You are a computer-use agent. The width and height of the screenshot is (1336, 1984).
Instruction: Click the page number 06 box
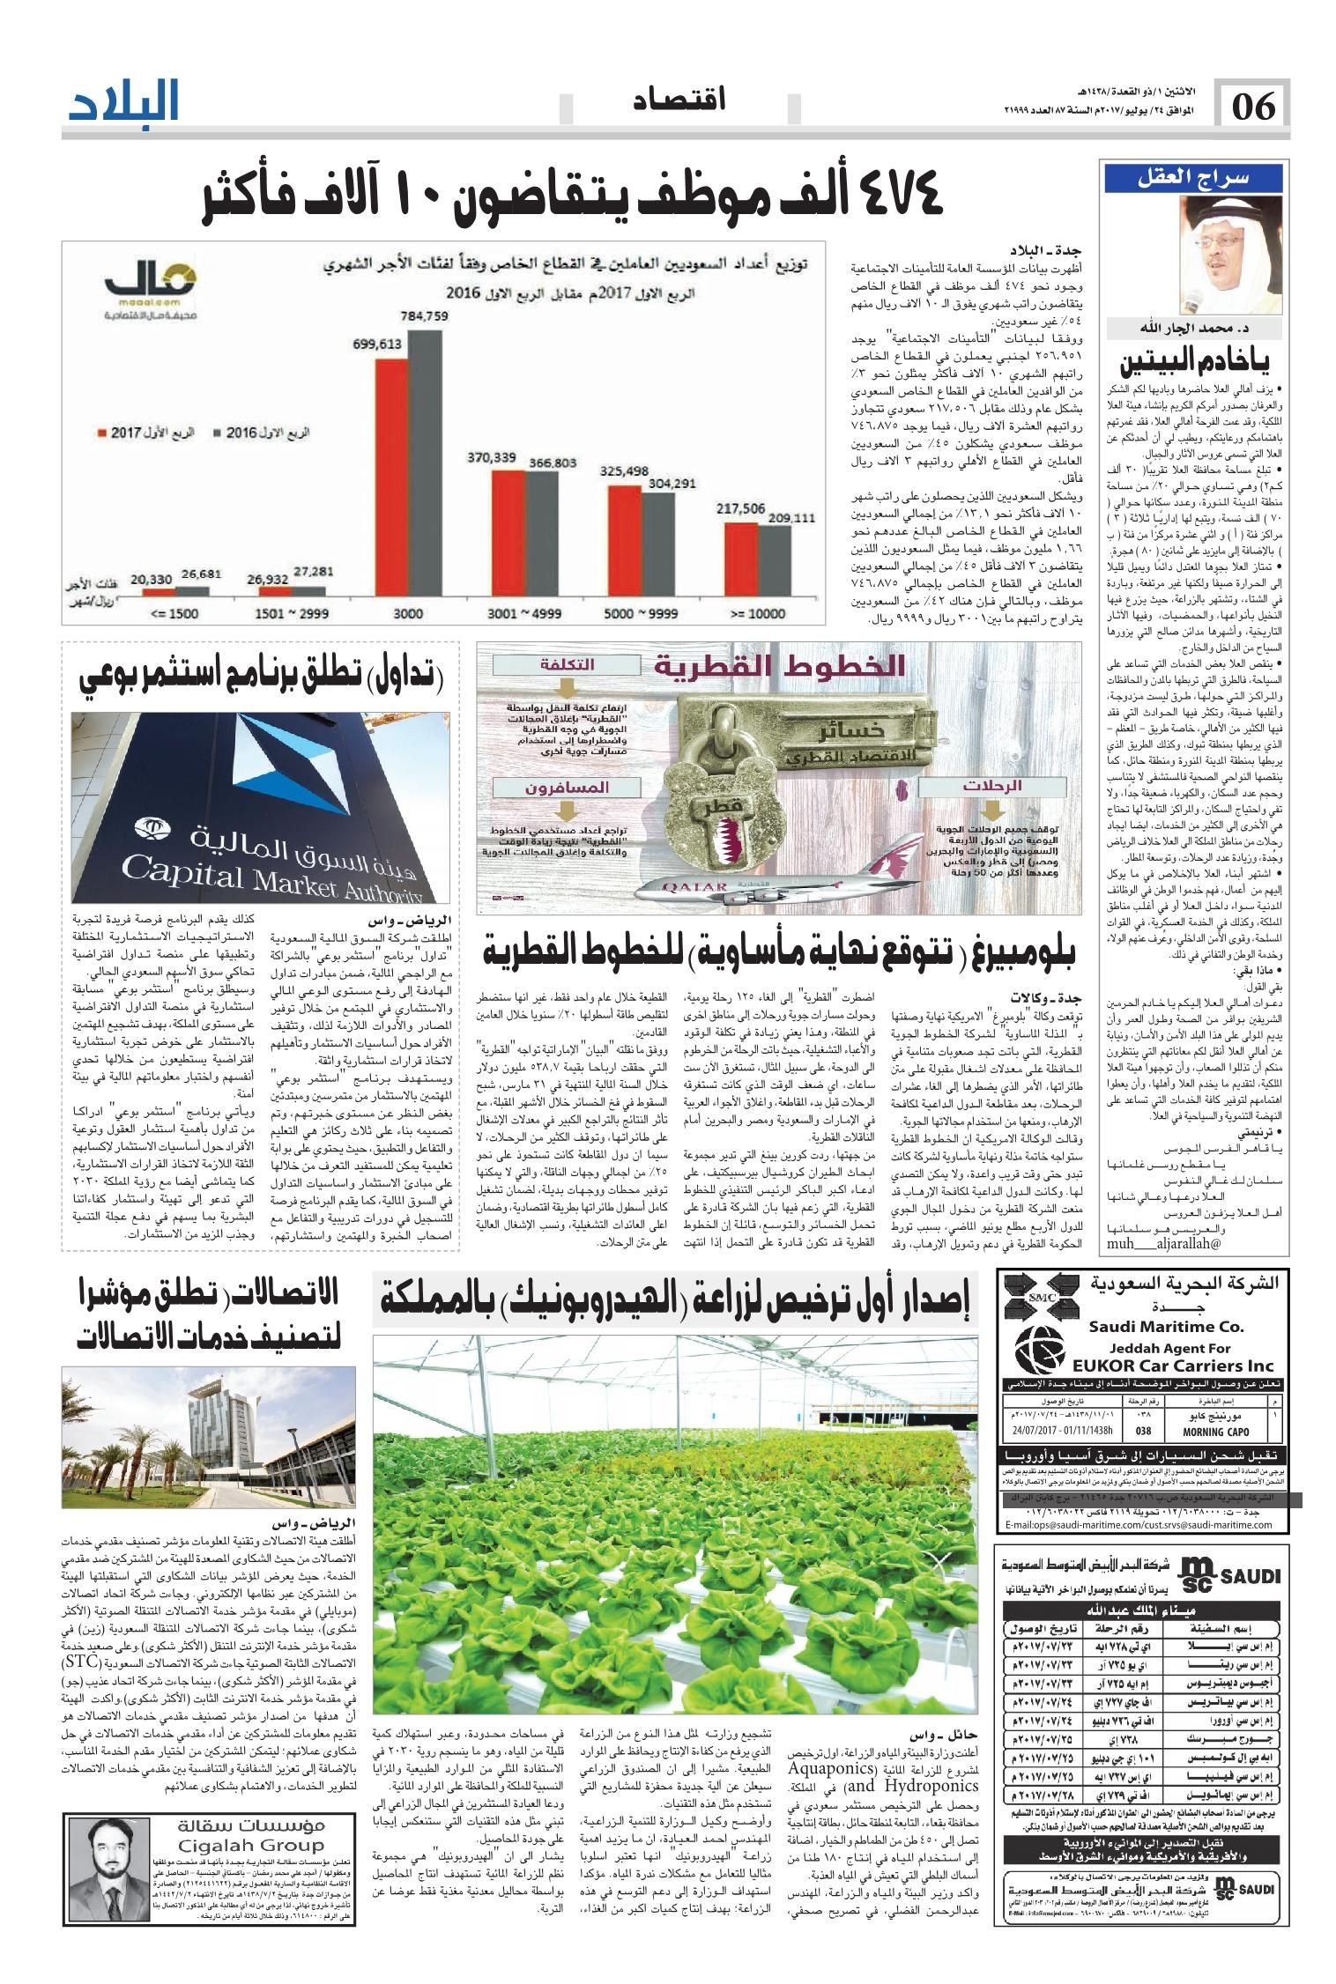[x=1253, y=108]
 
